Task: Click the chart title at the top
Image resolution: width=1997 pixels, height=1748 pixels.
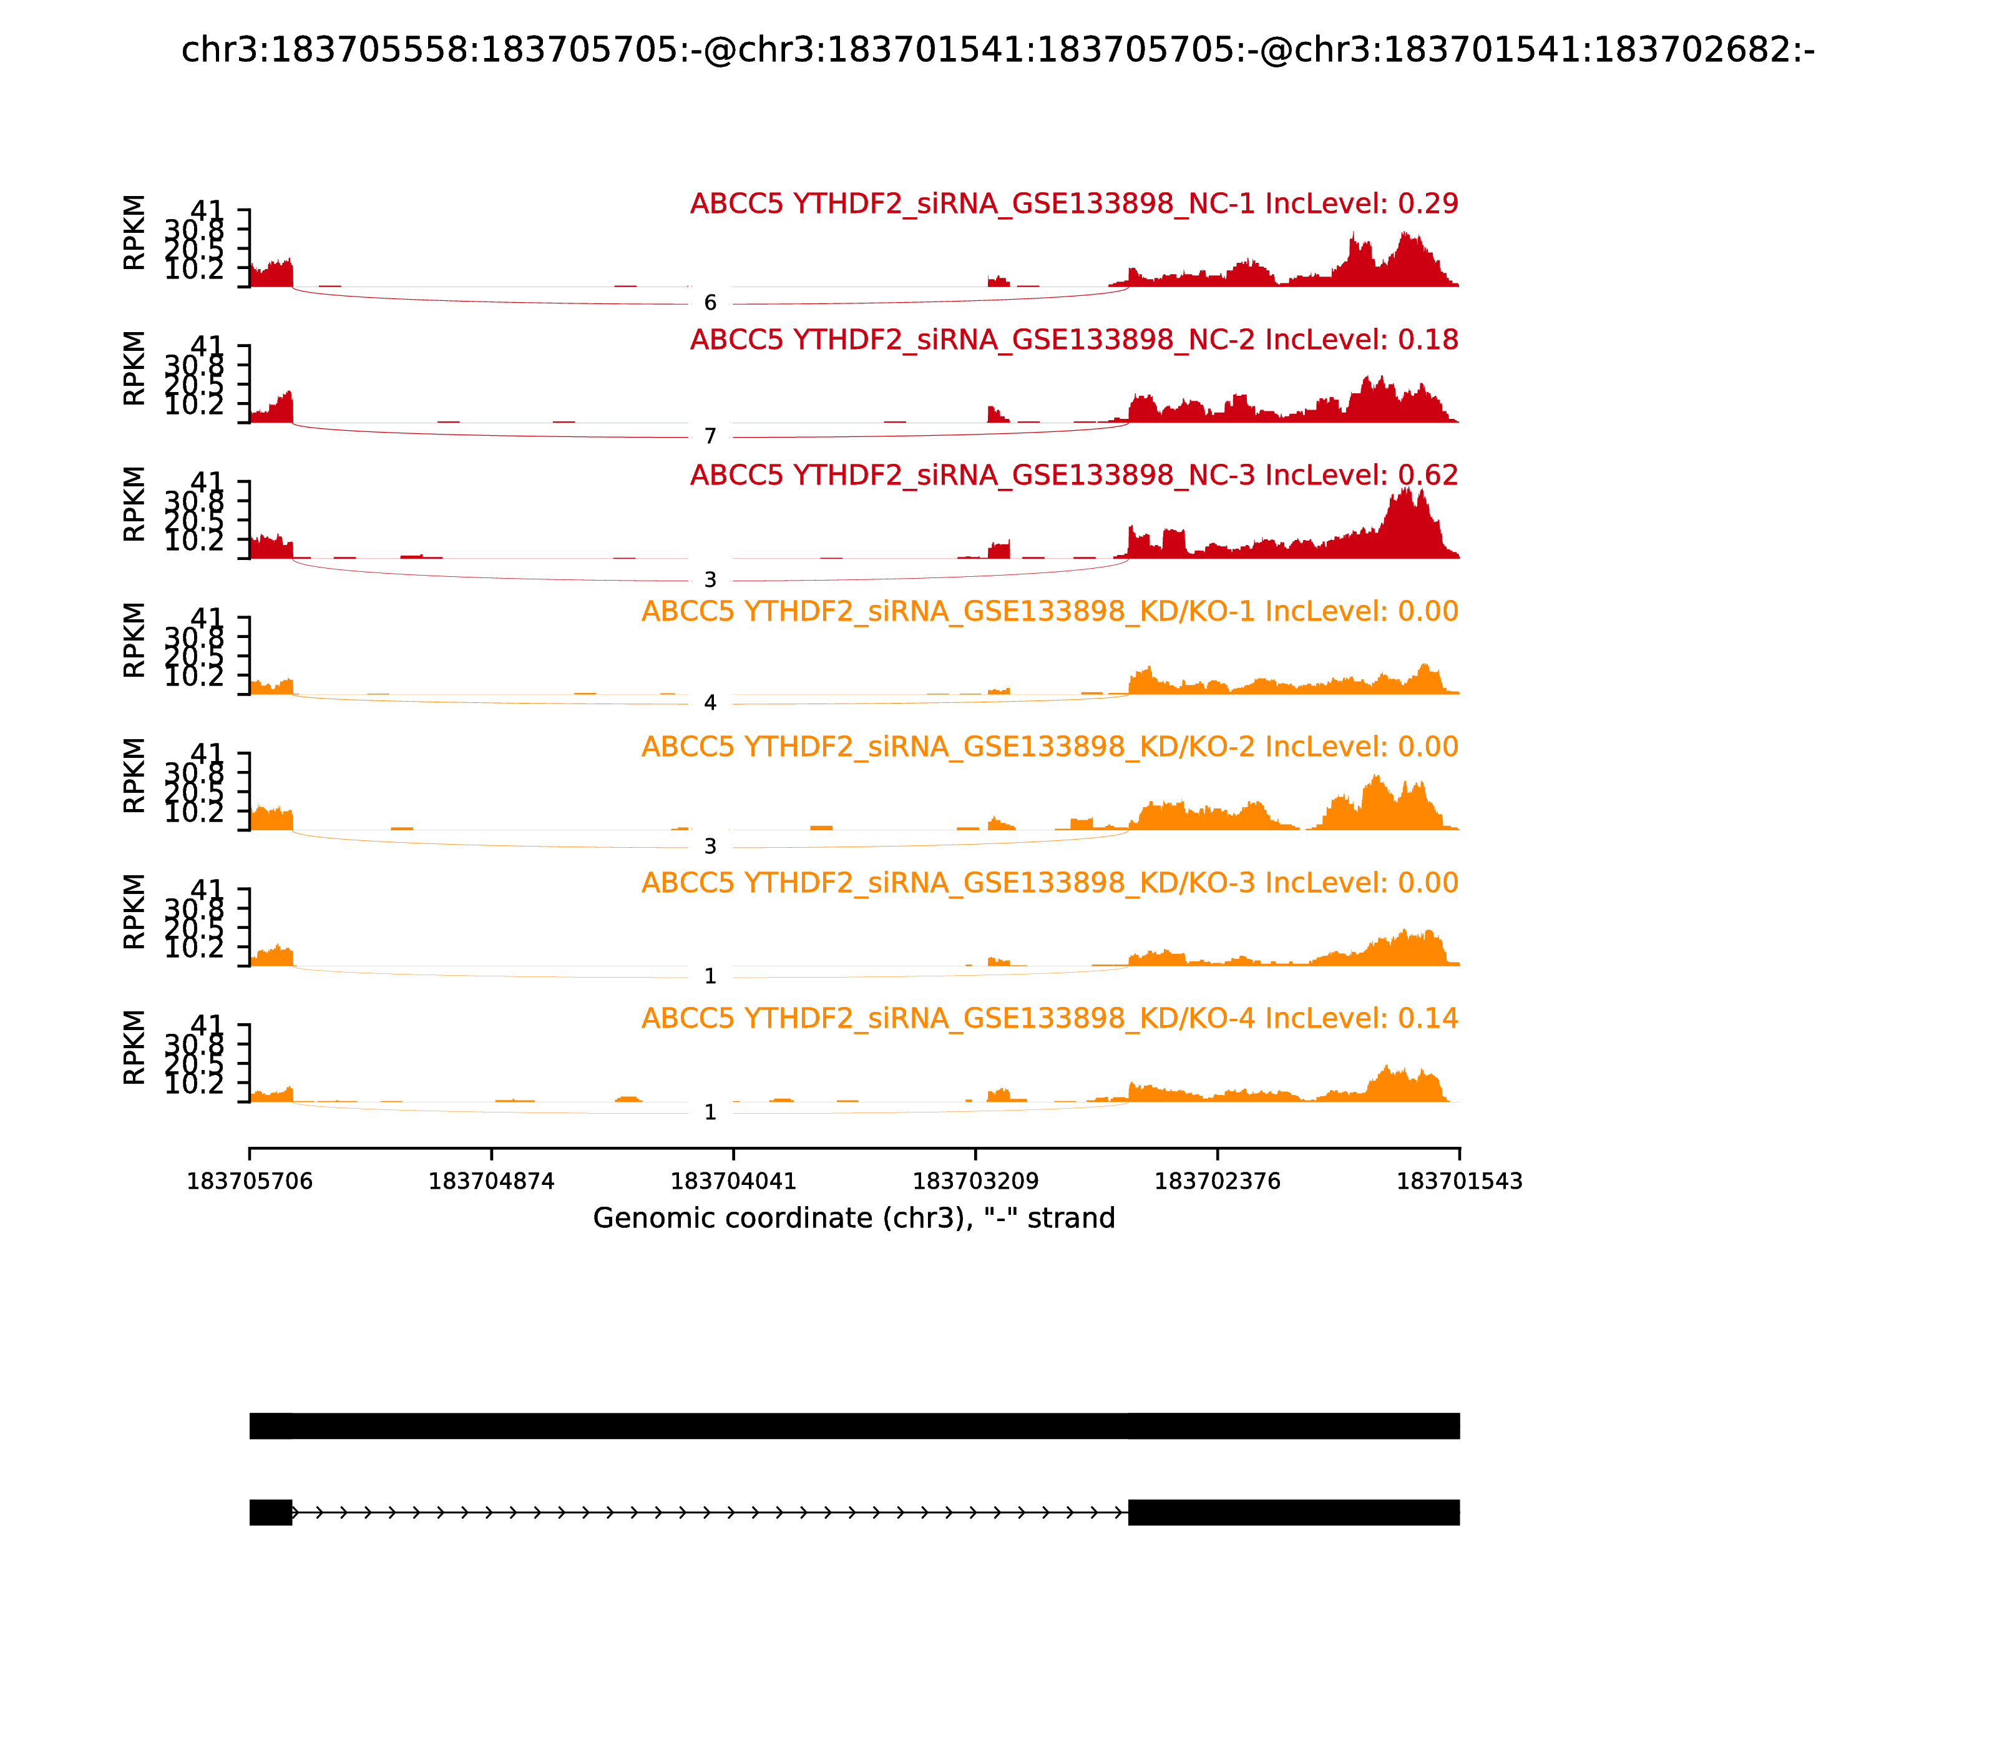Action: [997, 50]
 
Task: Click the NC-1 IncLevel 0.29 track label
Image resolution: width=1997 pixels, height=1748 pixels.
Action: [1073, 204]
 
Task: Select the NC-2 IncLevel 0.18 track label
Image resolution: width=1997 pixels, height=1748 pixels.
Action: [1073, 340]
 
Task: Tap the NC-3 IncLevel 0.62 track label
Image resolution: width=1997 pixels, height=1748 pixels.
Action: [1073, 475]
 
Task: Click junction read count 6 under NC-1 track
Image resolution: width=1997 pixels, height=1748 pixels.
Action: [710, 302]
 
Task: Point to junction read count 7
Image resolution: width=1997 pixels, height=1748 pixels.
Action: [710, 436]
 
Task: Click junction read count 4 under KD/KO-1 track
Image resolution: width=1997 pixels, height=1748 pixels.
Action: [710, 702]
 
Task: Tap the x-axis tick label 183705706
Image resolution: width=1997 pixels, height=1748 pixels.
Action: [250, 1181]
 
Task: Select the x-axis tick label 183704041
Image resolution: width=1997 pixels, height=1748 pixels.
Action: [733, 1181]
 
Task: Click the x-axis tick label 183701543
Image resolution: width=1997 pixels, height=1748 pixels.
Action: [1459, 1181]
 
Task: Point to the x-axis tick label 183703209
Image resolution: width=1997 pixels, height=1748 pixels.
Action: [975, 1181]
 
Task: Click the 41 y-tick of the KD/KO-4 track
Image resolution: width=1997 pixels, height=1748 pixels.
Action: [207, 1024]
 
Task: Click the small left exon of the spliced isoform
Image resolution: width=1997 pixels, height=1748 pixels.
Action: [270, 1512]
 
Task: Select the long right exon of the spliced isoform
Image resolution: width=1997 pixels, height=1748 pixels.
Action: [1293, 1512]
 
